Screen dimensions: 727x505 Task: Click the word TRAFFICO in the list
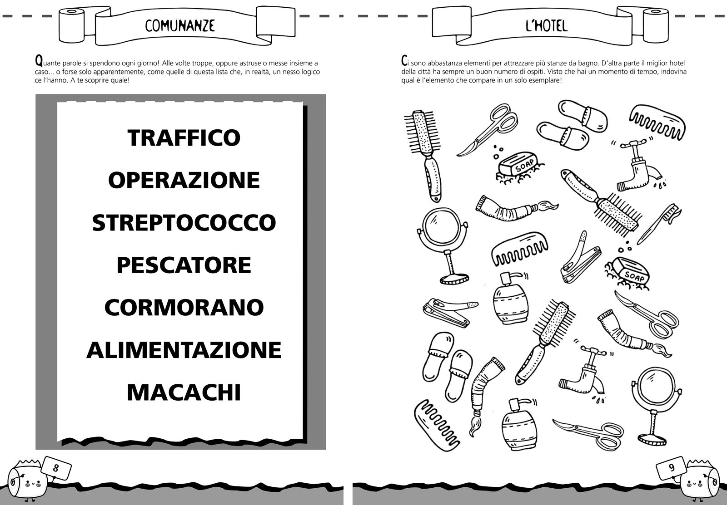pos(184,138)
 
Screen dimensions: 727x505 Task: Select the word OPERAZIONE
pos(184,180)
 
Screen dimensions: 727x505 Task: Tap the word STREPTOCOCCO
pos(184,223)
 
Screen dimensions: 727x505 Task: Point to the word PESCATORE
pos(184,265)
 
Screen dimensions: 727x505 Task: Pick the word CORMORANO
pos(184,307)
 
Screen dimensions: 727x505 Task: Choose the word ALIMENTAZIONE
pos(184,350)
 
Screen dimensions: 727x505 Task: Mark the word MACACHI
pos(184,392)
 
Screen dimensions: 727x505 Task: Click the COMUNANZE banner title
pos(180,25)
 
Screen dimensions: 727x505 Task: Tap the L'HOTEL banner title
pos(547,25)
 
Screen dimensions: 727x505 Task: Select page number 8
pos(56,468)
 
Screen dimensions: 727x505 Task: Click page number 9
pos(672,467)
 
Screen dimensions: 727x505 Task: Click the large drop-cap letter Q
pos(39,61)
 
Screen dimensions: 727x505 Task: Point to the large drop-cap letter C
pos(404,61)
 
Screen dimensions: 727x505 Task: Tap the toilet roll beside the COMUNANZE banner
pos(71,25)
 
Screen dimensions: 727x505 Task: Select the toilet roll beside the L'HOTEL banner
pos(656,25)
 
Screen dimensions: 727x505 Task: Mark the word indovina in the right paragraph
pos(673,72)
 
